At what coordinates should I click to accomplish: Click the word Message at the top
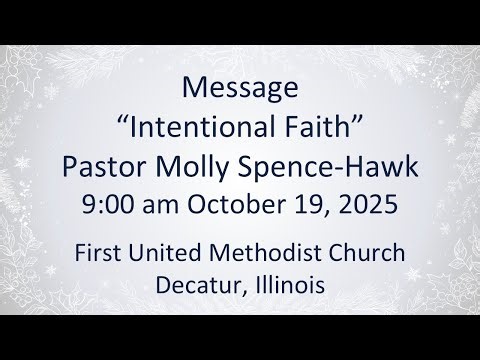(239, 88)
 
